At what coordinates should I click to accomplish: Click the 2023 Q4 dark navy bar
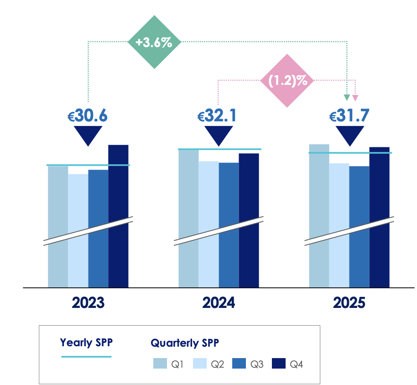point(118,214)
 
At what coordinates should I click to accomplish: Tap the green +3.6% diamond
point(155,42)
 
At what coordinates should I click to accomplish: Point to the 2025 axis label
point(349,303)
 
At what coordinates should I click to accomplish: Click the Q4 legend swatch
point(278,364)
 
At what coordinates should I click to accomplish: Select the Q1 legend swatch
point(160,364)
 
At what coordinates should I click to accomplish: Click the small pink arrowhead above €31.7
point(355,98)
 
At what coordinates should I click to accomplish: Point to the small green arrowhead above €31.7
point(347,98)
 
